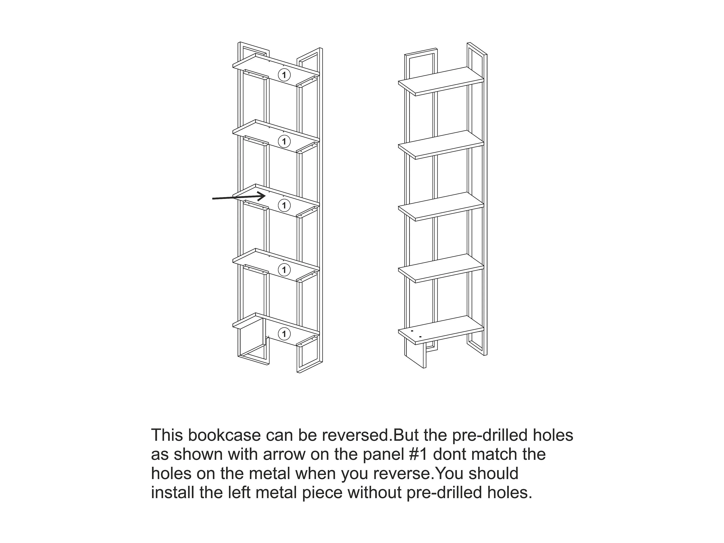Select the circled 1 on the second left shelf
(x=284, y=141)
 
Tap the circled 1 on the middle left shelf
(x=284, y=205)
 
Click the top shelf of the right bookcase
(x=441, y=81)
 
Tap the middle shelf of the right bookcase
(x=441, y=206)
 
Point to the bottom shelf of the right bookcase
(x=441, y=330)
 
